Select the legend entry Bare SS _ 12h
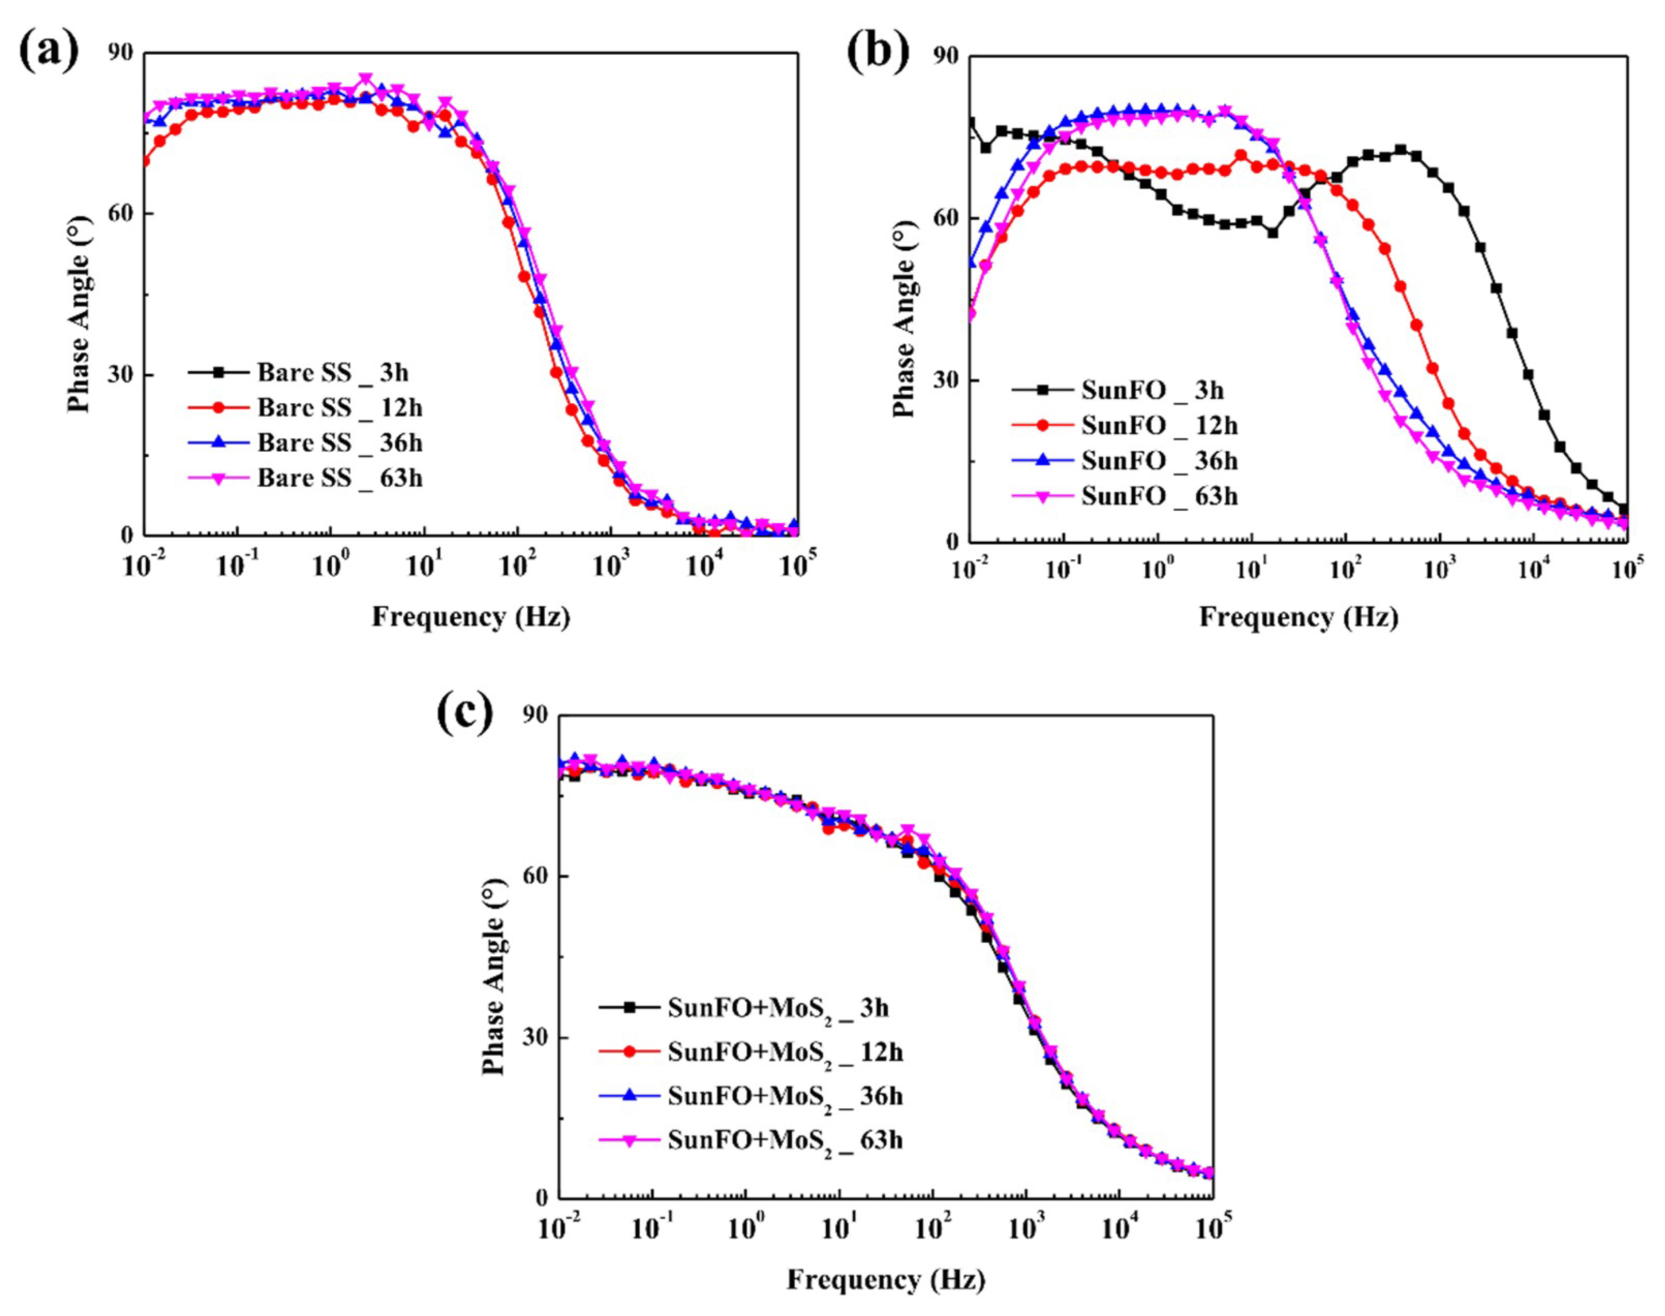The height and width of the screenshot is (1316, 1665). [339, 408]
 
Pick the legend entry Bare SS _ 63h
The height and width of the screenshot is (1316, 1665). [339, 479]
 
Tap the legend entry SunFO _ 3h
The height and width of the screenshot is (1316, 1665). [1151, 391]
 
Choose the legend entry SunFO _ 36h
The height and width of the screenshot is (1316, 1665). [1159, 461]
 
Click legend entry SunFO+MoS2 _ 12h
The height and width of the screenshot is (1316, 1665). [784, 1052]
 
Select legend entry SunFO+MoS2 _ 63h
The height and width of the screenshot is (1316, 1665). [784, 1140]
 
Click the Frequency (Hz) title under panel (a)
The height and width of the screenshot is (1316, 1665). [471, 617]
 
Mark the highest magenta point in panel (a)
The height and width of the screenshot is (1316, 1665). [366, 80]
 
